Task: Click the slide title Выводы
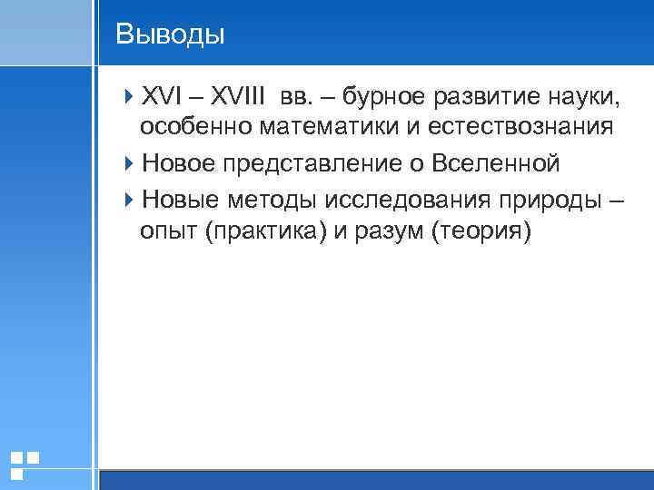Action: point(170,34)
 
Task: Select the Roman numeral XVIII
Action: point(242,96)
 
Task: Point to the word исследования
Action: point(397,198)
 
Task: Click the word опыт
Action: point(168,232)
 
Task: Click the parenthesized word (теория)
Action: point(481,232)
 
